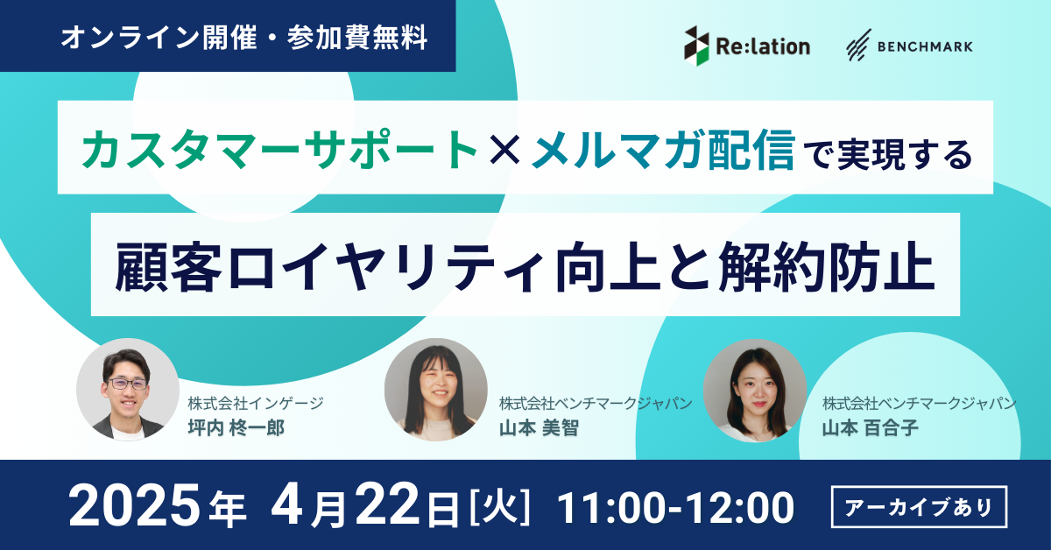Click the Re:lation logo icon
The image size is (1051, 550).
click(696, 46)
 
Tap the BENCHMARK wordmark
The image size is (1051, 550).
click(925, 46)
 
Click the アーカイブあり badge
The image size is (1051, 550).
click(919, 507)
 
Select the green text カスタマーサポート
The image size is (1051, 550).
click(279, 149)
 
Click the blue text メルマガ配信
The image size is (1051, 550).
click(663, 149)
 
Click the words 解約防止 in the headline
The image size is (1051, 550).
click(826, 267)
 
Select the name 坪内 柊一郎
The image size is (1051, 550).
click(236, 428)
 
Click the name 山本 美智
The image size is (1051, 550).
click(539, 428)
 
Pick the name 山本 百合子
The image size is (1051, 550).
click(870, 428)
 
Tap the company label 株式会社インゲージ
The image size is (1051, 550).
click(256, 403)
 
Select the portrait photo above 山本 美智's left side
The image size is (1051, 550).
click(436, 390)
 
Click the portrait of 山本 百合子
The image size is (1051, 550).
click(755, 391)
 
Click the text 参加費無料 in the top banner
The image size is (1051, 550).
click(357, 37)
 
